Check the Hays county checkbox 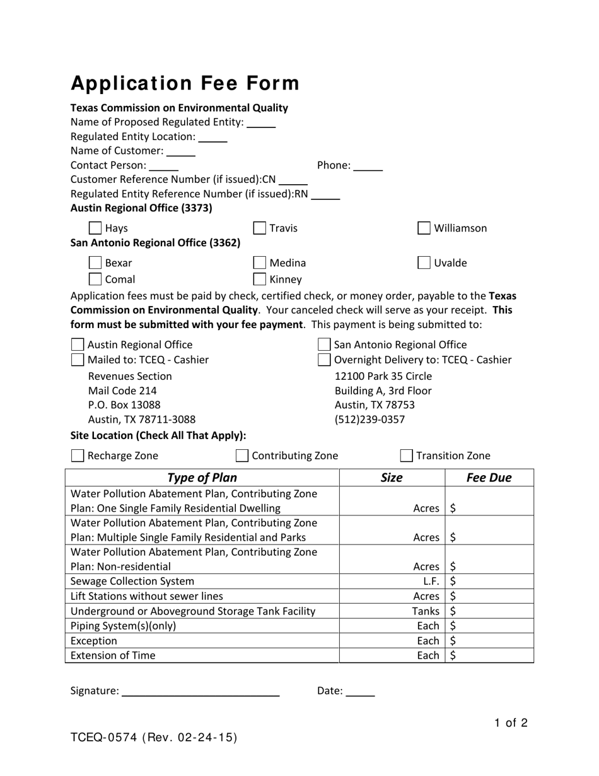(95, 228)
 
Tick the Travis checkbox (259, 228)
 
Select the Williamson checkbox (424, 228)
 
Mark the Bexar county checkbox (95, 262)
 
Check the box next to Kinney (259, 279)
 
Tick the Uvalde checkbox (424, 262)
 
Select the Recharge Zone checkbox (78, 456)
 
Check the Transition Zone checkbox (407, 456)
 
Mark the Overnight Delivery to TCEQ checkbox (324, 360)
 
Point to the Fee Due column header (489, 478)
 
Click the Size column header (392, 478)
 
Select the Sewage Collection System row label (132, 581)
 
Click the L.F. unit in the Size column (431, 581)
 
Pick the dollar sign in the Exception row (453, 640)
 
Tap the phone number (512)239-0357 (369, 420)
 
